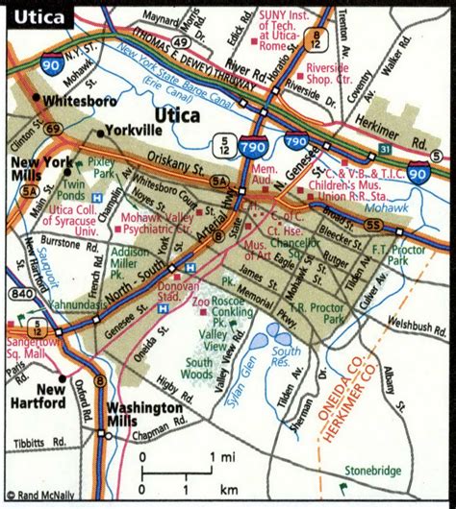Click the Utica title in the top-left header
[x=38, y=17]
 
